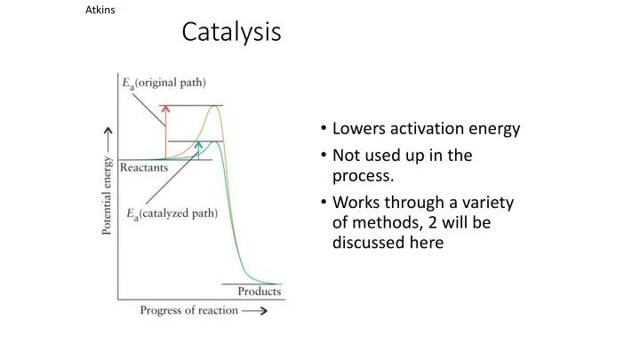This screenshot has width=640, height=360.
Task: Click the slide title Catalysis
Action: [231, 33]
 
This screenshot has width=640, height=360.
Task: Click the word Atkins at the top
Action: [100, 10]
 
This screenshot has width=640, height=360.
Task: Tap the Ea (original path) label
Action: [164, 83]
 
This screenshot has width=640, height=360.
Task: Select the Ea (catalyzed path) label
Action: [169, 213]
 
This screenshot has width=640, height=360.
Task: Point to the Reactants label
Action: [144, 166]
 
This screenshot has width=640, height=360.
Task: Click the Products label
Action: [259, 291]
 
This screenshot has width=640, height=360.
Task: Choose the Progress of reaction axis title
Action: [188, 310]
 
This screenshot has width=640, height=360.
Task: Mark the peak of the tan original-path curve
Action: [214, 107]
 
